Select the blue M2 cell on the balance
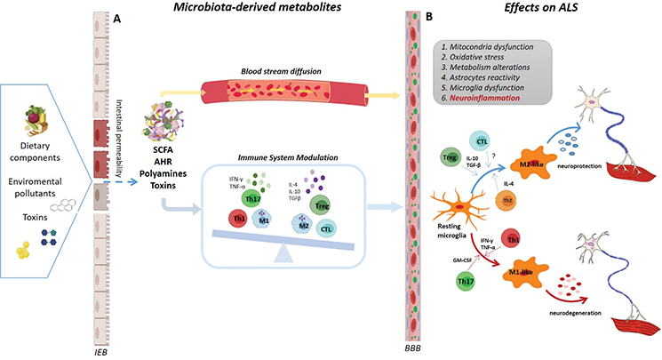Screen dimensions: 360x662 [x=306, y=225]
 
